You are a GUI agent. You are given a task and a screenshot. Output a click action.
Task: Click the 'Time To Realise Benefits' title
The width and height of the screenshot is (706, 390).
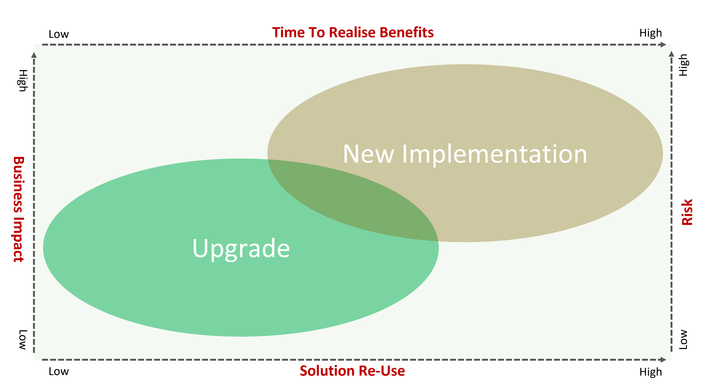click(x=353, y=33)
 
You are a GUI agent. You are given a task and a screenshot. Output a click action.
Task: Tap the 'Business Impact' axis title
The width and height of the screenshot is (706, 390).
click(x=19, y=209)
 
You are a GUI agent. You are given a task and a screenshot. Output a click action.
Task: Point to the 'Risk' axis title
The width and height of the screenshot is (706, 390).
click(x=687, y=212)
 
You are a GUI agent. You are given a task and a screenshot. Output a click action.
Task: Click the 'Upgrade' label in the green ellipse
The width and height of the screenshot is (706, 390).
click(x=241, y=249)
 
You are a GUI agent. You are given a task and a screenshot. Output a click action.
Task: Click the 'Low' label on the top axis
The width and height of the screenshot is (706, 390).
click(x=59, y=34)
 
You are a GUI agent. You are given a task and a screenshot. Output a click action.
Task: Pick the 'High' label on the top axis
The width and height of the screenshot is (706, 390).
click(x=650, y=33)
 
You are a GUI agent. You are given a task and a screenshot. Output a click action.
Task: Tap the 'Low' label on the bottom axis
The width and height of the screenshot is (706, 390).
click(x=59, y=371)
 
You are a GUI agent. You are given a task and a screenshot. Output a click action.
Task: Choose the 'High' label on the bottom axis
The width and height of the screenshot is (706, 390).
click(x=650, y=372)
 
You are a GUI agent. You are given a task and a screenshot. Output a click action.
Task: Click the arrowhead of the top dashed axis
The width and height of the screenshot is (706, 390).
click(x=663, y=44)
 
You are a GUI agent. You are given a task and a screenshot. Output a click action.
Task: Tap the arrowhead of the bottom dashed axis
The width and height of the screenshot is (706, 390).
click(x=663, y=360)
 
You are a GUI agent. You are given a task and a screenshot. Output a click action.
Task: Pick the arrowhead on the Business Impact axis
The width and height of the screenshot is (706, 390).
click(x=34, y=55)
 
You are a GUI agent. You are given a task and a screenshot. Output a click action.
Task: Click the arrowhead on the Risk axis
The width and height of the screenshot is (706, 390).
click(x=671, y=54)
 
